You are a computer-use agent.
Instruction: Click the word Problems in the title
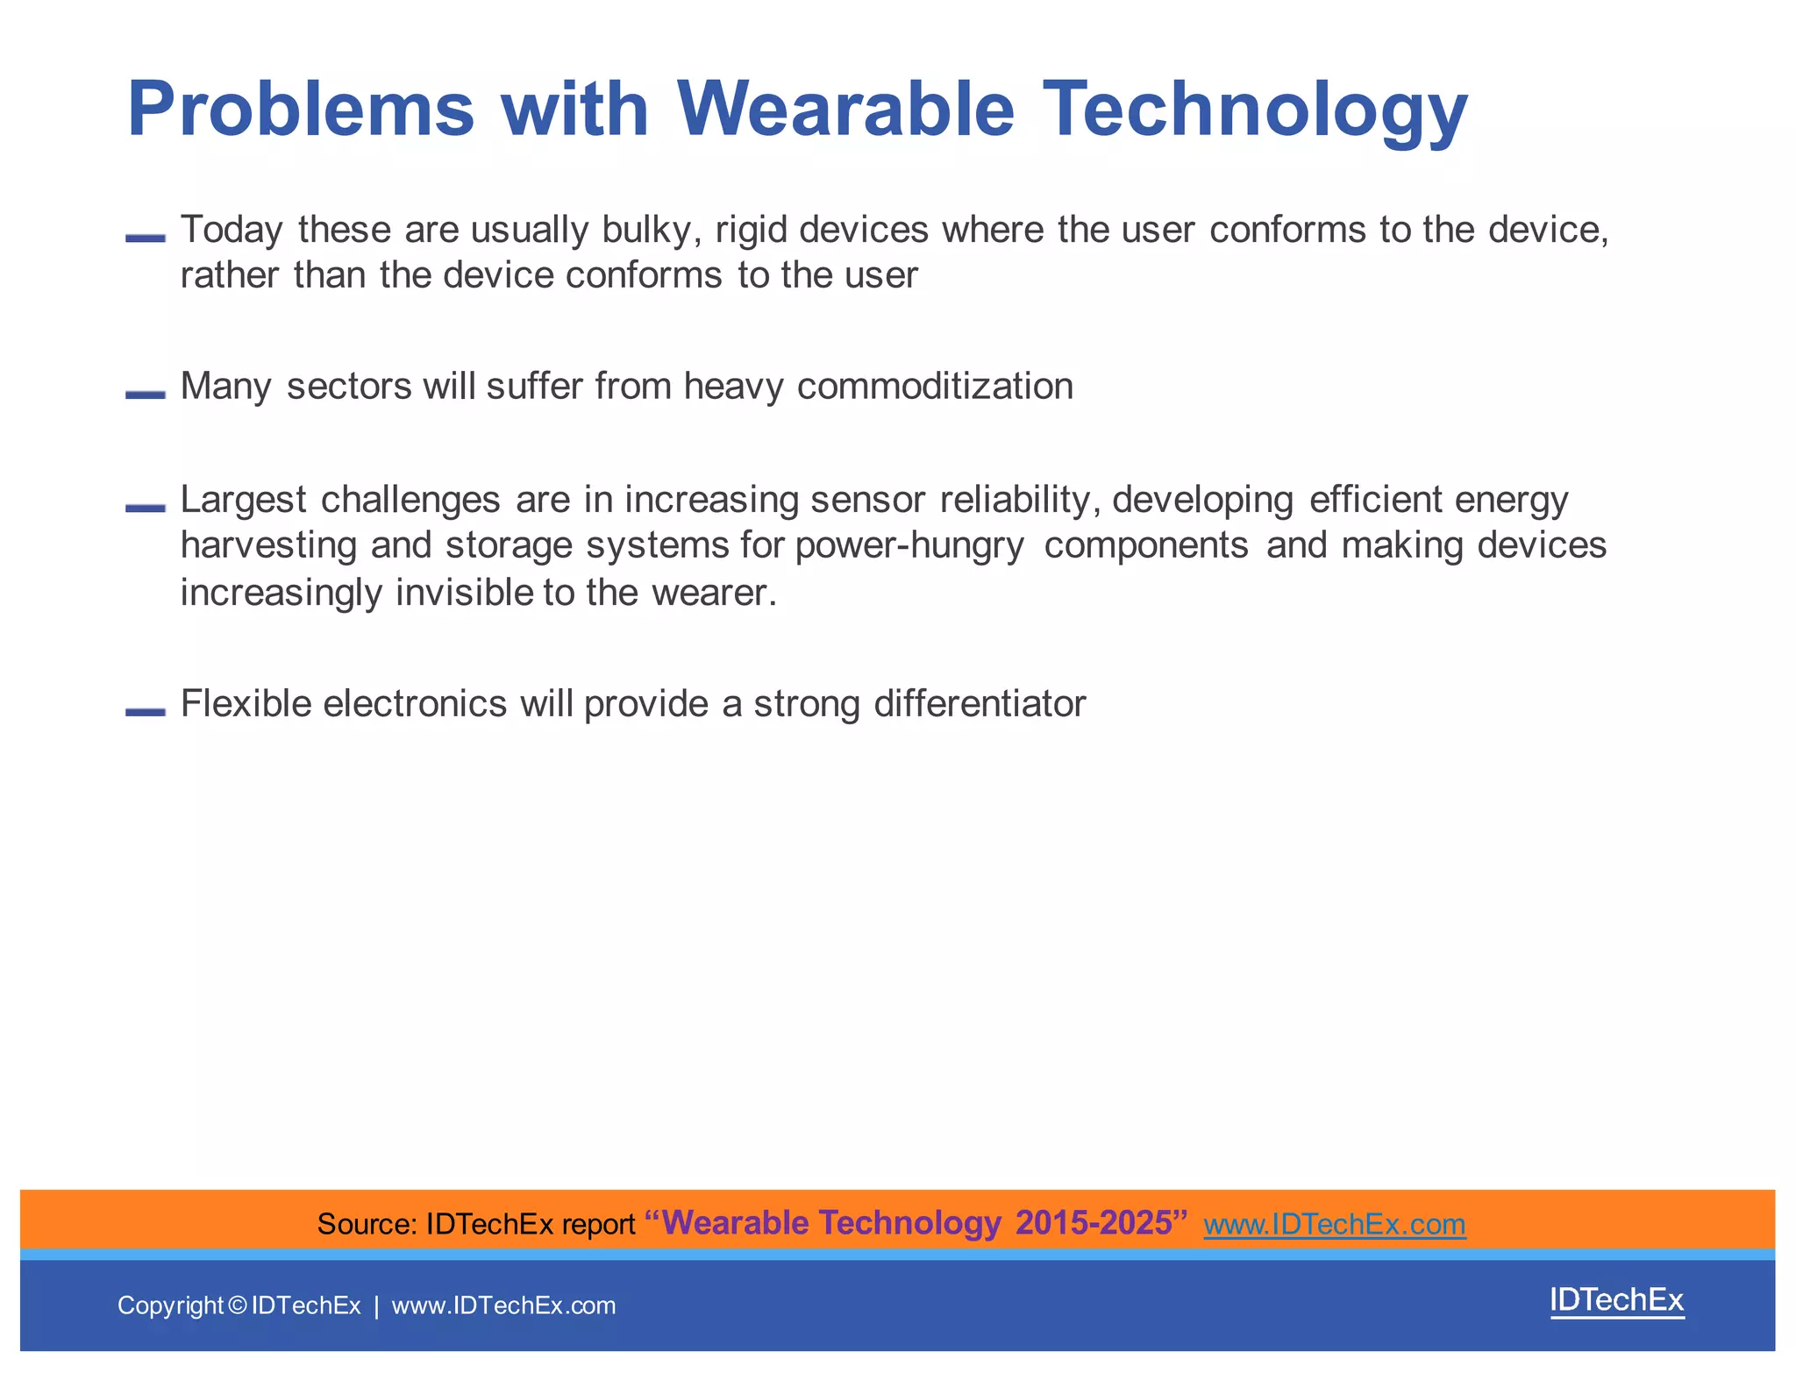(300, 110)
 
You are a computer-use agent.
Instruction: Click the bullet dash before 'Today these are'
(146, 238)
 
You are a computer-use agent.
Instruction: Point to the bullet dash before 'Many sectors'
(146, 395)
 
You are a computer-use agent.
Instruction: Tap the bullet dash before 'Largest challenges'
(146, 508)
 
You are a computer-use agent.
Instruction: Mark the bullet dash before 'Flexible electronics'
(146, 711)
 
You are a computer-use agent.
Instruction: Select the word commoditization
(935, 387)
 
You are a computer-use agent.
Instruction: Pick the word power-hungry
(909, 546)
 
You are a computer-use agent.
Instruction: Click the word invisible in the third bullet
(464, 593)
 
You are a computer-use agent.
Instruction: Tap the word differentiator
(980, 704)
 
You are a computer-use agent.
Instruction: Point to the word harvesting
(268, 546)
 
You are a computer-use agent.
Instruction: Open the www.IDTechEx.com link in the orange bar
(1334, 1224)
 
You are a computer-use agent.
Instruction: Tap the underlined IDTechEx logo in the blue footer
(1616, 1300)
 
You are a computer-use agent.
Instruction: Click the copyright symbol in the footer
(237, 1305)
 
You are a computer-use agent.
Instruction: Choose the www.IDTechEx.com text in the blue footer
(503, 1305)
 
